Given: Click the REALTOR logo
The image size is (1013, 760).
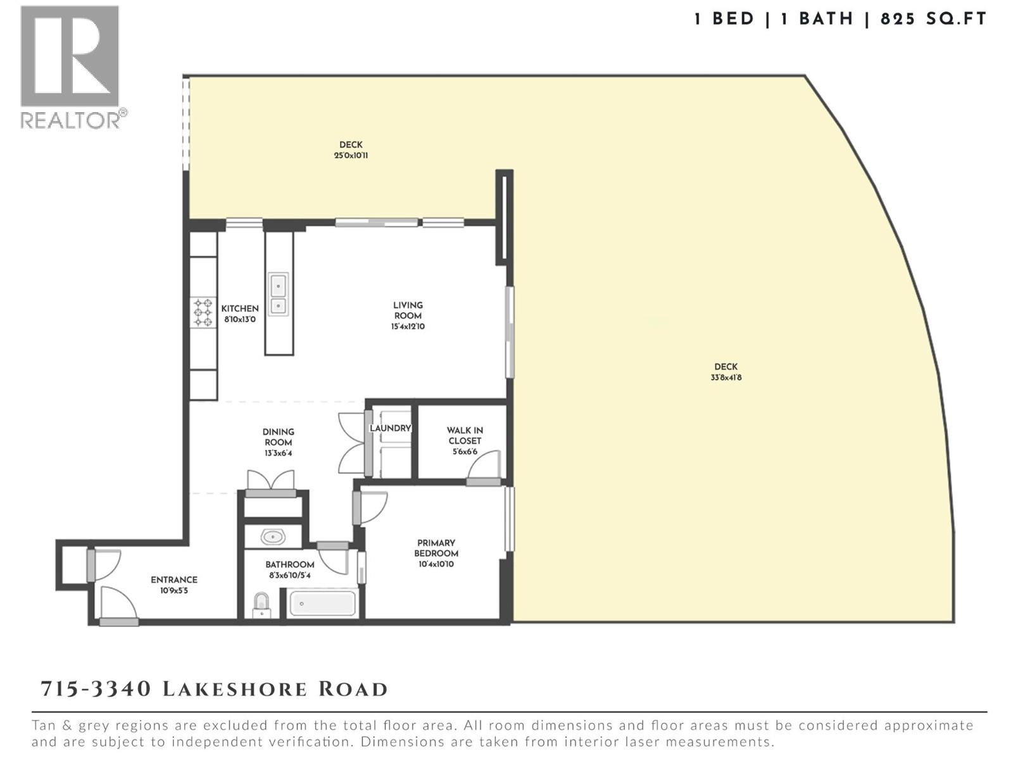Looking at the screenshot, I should click(x=70, y=66).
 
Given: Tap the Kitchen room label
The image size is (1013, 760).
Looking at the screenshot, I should click(x=239, y=308).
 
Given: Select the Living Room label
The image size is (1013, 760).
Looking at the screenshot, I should click(x=408, y=310).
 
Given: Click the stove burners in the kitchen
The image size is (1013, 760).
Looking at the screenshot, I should click(x=203, y=312).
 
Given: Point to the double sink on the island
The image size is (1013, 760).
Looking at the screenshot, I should click(x=278, y=294).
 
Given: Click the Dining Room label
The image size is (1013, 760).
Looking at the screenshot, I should click(x=278, y=437).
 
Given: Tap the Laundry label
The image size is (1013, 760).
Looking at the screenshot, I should click(x=390, y=428).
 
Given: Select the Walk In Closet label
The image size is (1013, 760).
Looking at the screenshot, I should click(x=465, y=436).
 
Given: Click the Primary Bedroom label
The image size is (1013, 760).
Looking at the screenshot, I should click(x=436, y=548).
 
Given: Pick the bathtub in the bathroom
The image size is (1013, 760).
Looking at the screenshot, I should click(x=322, y=604).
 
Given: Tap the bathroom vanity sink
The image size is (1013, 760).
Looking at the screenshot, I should click(x=273, y=537).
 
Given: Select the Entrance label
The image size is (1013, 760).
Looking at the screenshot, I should click(x=173, y=579).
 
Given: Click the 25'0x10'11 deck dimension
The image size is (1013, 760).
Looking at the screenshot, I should click(x=351, y=156).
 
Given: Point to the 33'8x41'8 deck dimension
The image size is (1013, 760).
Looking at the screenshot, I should click(x=726, y=377).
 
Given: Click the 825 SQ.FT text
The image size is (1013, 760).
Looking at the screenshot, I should click(x=933, y=19).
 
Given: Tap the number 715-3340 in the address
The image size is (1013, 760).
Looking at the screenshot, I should click(x=96, y=689).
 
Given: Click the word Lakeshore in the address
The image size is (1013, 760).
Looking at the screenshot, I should click(x=236, y=689).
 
